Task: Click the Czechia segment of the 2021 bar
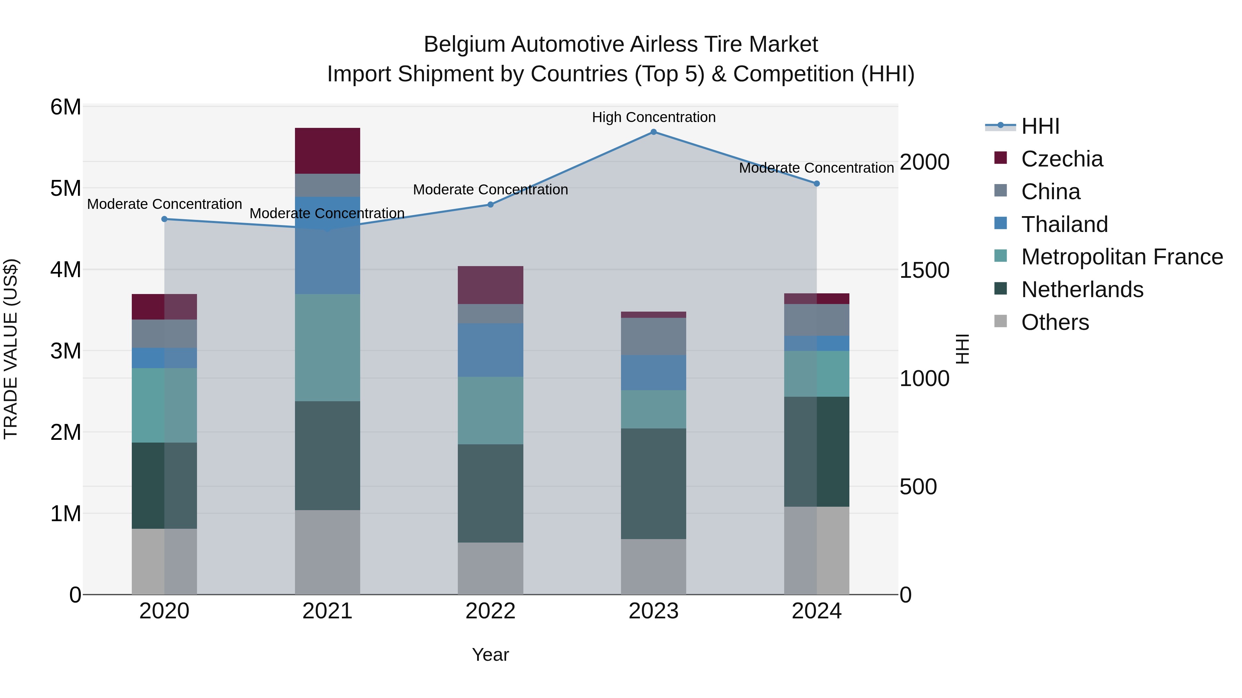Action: [327, 150]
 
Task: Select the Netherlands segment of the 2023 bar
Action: [653, 483]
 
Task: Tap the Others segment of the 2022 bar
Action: [490, 568]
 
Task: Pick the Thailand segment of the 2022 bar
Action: [490, 350]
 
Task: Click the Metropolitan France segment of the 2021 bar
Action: [327, 347]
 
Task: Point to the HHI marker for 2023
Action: [654, 132]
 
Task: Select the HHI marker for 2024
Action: [817, 183]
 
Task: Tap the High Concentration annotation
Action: [654, 117]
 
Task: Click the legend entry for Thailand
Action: [1064, 224]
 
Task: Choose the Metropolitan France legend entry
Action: [1122, 257]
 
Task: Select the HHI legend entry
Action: [1040, 126]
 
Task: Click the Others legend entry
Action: [1054, 322]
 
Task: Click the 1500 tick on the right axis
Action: [924, 270]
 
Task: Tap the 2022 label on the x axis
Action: [490, 611]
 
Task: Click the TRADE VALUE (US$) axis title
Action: [11, 349]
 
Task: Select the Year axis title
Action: [490, 655]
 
